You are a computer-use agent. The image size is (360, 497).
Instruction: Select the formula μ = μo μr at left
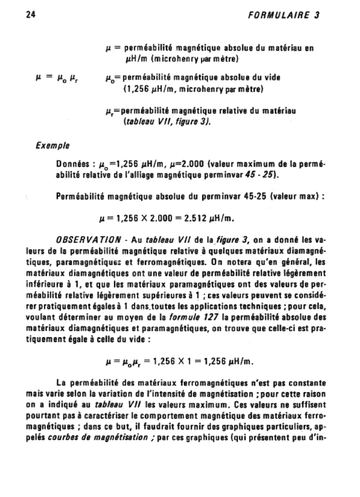[55, 77]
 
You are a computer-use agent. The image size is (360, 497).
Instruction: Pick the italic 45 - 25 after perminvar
[262, 175]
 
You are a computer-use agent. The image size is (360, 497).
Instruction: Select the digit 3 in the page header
[317, 15]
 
